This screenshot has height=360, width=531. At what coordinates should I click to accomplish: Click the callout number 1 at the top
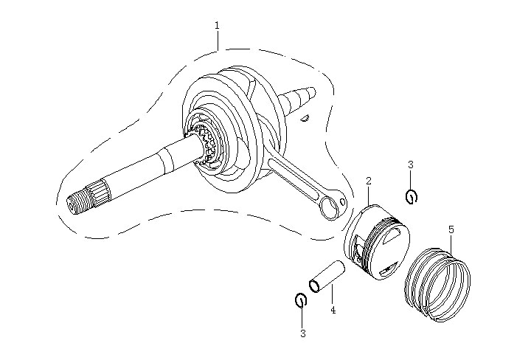[217, 25]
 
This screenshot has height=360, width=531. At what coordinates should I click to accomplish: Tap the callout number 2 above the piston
[369, 181]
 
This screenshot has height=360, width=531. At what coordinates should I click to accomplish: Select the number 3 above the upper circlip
[411, 164]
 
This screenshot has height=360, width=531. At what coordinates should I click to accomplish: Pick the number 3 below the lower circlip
[302, 333]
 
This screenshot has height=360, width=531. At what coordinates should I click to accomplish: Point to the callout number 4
[333, 311]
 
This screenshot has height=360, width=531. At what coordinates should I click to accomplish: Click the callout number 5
[451, 229]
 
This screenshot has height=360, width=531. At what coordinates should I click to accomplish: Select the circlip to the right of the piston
[412, 196]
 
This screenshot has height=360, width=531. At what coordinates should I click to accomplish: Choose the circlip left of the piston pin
[300, 300]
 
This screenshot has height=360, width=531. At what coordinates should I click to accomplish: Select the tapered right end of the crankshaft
[302, 97]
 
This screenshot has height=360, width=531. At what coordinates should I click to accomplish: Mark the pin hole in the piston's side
[356, 249]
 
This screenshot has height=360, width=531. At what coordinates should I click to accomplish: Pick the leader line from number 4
[332, 293]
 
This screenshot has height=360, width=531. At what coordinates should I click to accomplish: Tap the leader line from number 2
[369, 195]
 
